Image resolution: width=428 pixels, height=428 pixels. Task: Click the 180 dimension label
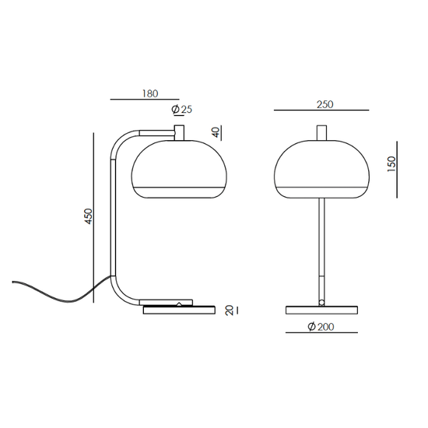[150, 93]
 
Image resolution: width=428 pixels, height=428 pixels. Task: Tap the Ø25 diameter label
[182, 109]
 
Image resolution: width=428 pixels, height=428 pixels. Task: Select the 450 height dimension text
[89, 216]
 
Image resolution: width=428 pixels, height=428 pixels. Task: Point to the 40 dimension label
[216, 133]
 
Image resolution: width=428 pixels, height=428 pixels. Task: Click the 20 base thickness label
[229, 310]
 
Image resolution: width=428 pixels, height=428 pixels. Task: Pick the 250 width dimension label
[325, 104]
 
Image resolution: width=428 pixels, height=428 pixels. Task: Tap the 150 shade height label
[391, 164]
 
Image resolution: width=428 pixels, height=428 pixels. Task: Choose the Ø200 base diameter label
[321, 327]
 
